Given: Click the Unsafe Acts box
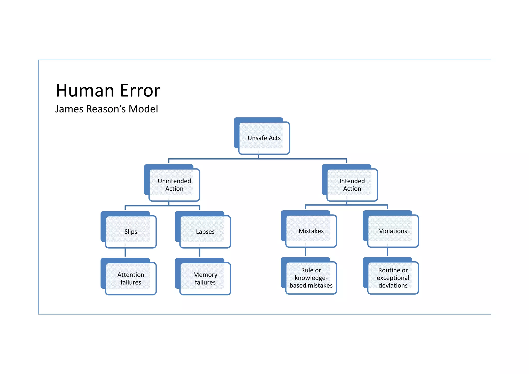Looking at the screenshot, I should (x=264, y=138).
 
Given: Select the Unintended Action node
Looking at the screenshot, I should (x=174, y=185).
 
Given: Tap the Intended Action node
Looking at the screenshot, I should (x=352, y=185).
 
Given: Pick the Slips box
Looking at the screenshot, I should (x=131, y=232).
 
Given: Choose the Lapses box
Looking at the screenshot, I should (x=205, y=232).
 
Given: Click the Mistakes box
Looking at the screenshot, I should (x=311, y=231).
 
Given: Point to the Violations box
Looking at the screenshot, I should (x=393, y=231).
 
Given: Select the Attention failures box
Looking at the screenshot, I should (x=131, y=278).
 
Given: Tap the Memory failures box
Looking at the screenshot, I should (x=205, y=278).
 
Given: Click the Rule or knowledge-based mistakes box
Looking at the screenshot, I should (x=311, y=278).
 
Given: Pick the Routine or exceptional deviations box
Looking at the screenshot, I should (x=393, y=278).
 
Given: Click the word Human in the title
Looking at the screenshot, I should (x=85, y=91).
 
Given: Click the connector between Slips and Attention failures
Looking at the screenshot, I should (x=125, y=253).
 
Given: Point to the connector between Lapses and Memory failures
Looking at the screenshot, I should (x=200, y=253).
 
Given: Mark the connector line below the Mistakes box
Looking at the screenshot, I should (x=306, y=252).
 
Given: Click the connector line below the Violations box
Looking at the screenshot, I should (x=387, y=252).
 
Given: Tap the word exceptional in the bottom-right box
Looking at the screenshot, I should (x=393, y=278).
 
